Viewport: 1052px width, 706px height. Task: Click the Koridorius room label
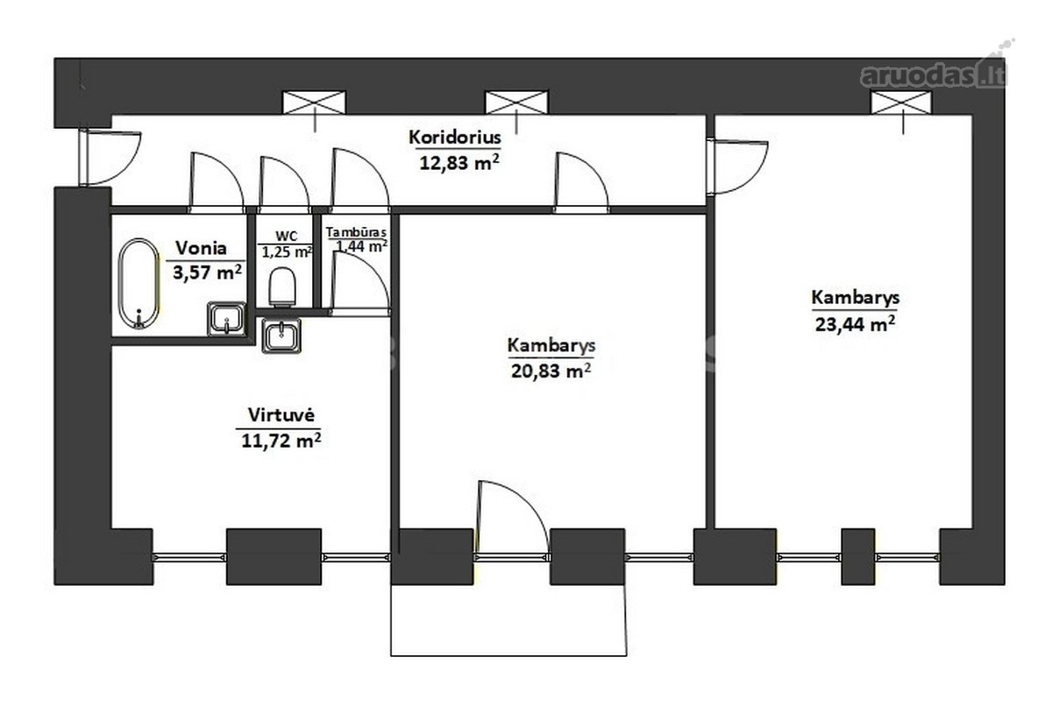(x=455, y=138)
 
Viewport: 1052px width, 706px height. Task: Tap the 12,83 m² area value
(x=458, y=162)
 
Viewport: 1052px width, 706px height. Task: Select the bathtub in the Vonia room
(x=139, y=283)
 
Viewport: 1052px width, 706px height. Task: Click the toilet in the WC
(x=282, y=287)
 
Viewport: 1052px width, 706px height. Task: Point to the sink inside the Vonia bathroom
(x=227, y=319)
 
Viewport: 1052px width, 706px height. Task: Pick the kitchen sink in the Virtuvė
(x=281, y=335)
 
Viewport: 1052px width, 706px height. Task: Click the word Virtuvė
(x=281, y=414)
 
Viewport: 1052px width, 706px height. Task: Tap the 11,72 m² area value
(x=281, y=441)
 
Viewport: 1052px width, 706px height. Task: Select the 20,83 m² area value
(x=551, y=371)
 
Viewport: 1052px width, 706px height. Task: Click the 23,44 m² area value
(x=855, y=324)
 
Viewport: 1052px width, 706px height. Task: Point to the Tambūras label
(x=356, y=232)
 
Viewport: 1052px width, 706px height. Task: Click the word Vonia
(x=201, y=248)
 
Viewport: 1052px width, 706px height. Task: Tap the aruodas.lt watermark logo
(x=932, y=70)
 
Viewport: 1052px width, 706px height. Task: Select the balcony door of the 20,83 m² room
(x=512, y=519)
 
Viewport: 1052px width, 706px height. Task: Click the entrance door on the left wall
(x=109, y=158)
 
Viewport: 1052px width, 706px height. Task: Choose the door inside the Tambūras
(x=359, y=281)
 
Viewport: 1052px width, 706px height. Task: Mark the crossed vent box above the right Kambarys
(x=901, y=103)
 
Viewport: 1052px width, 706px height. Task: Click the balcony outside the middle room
(x=508, y=620)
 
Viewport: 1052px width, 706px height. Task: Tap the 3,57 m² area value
(x=208, y=272)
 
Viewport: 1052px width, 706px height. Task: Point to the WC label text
(x=287, y=236)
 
